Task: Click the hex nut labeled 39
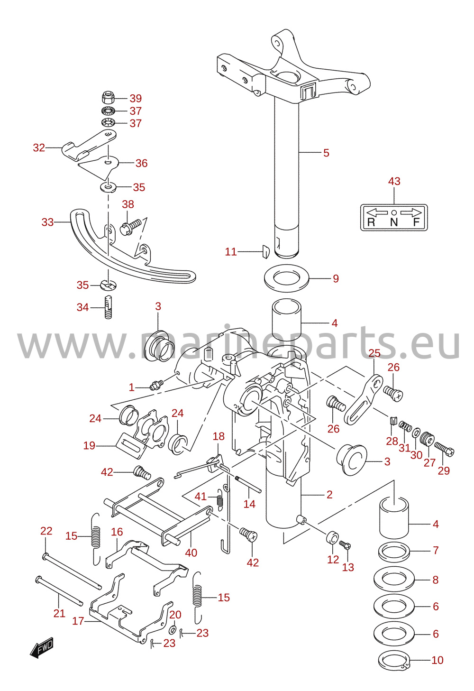[x=108, y=98]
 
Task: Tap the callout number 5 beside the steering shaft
[x=326, y=153]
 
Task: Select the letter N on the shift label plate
[x=394, y=222]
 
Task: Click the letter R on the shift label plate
[x=371, y=222]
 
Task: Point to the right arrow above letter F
[x=411, y=212]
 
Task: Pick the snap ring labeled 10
[x=394, y=661]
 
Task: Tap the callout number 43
[x=394, y=181]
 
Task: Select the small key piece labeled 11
[x=265, y=251]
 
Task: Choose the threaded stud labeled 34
[x=108, y=307]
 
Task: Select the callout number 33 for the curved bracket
[x=47, y=222]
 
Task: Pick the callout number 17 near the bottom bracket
[x=78, y=621]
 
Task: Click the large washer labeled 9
[x=287, y=278]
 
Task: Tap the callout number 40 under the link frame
[x=191, y=553]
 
